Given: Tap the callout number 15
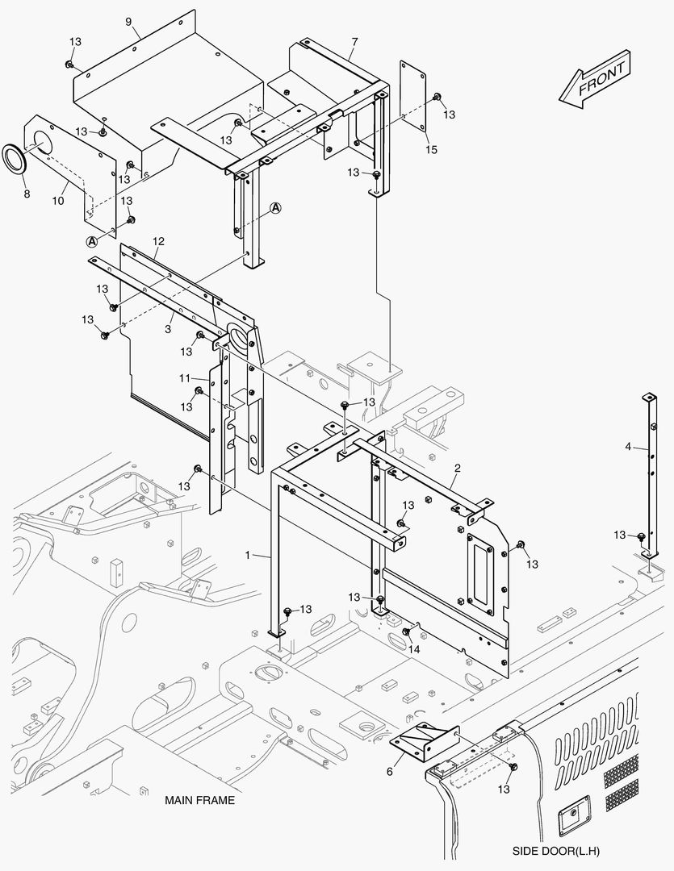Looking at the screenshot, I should click(x=431, y=150).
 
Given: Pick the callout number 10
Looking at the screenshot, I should click(x=59, y=199).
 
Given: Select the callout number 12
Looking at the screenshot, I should click(x=158, y=241).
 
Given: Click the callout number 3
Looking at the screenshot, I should click(x=168, y=329).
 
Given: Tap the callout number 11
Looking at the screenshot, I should click(x=184, y=377).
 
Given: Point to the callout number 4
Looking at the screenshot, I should click(x=628, y=446).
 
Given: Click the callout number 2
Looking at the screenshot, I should click(x=457, y=468).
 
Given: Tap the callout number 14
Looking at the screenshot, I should click(x=415, y=648).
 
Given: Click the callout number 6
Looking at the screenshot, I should click(x=389, y=771).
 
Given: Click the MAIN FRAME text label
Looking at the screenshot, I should click(x=199, y=801).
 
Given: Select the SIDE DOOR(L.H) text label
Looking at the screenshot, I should click(x=555, y=851).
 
